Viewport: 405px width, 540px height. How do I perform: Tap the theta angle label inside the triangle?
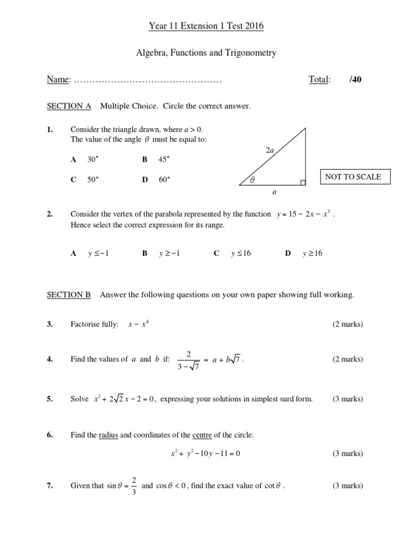(252, 180)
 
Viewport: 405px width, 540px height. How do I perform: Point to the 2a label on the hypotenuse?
(270, 150)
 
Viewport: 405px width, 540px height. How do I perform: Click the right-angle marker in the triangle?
(303, 182)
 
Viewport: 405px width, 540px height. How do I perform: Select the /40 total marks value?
(355, 80)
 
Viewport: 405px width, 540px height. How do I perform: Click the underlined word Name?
(59, 80)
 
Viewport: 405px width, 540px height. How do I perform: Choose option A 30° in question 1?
(85, 159)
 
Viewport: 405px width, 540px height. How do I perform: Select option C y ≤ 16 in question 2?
(233, 254)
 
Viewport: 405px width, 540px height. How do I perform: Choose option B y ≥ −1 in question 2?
(161, 254)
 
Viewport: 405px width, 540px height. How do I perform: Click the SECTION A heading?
(69, 107)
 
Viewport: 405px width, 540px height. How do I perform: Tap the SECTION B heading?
(69, 295)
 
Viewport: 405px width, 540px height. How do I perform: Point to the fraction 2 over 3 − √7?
(188, 360)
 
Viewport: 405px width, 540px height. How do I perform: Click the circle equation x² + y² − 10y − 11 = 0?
(206, 453)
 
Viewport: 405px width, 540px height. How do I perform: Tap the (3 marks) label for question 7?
(347, 486)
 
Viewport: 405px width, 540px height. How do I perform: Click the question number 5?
(50, 399)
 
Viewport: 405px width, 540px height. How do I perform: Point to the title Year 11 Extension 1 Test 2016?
(202, 26)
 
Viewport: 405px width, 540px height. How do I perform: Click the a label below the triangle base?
(274, 192)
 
